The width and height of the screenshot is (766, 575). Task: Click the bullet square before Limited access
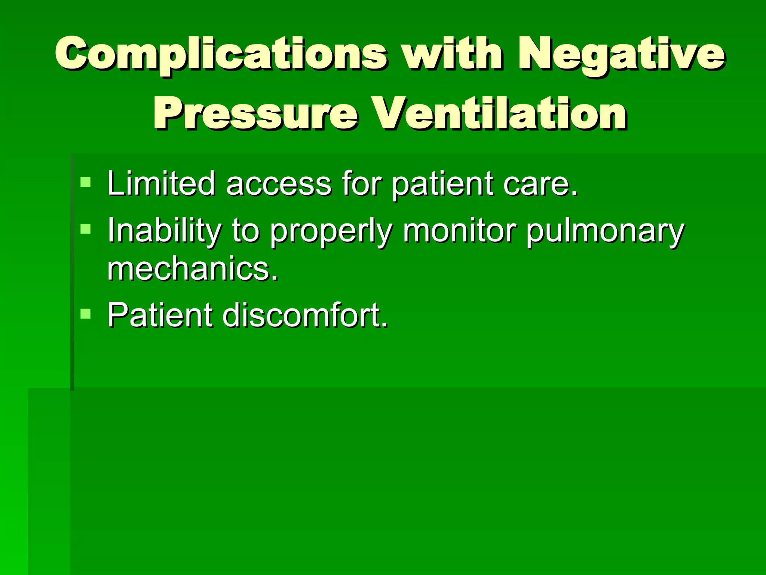tap(86, 182)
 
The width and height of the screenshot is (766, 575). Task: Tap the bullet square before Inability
tap(86, 229)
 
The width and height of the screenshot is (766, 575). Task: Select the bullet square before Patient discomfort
tap(86, 313)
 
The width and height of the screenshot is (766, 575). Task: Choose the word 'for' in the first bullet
tap(361, 183)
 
